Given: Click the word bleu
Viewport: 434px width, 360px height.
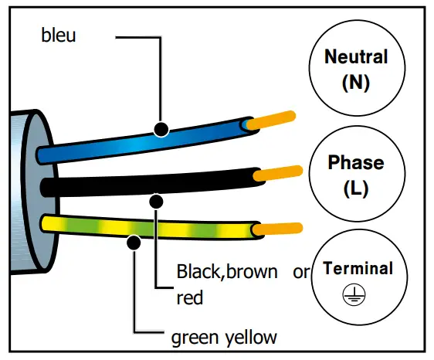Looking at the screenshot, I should pos(59,36).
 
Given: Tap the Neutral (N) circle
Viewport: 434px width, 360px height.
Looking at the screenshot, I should pos(355,70).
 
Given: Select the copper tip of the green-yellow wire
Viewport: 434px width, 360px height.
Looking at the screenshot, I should pos(278,228).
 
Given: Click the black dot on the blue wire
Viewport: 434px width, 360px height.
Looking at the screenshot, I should pos(161,128).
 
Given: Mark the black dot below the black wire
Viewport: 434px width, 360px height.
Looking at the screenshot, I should pos(156,202).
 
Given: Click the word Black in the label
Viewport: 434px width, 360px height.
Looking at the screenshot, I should pos(198,272).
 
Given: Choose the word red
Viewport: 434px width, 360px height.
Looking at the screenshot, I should pos(190,297).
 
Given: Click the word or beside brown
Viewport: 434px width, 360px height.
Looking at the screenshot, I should pos(301,272).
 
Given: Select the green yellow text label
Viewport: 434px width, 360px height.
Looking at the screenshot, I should pos(222,337).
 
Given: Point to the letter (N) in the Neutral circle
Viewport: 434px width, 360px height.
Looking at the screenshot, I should pos(355,82).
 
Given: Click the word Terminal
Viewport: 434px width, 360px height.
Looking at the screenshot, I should pos(358,269).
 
